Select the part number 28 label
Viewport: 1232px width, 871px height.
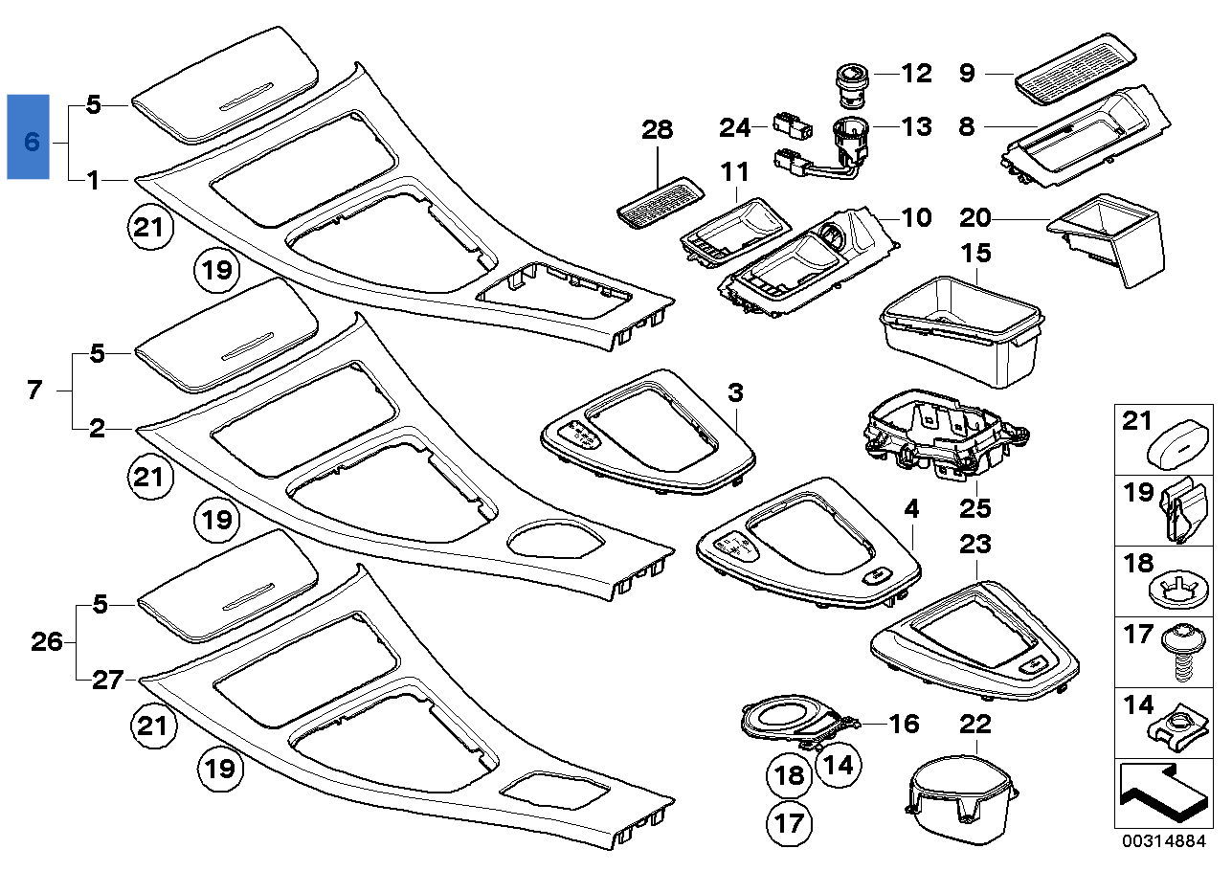(658, 130)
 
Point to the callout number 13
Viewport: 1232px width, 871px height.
(916, 124)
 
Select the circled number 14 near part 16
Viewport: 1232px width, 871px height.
(838, 765)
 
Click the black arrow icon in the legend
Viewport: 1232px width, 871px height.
(1159, 793)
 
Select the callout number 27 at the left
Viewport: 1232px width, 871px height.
(107, 680)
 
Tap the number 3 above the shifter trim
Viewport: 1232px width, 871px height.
(735, 392)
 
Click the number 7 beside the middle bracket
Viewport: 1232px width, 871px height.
(34, 391)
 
